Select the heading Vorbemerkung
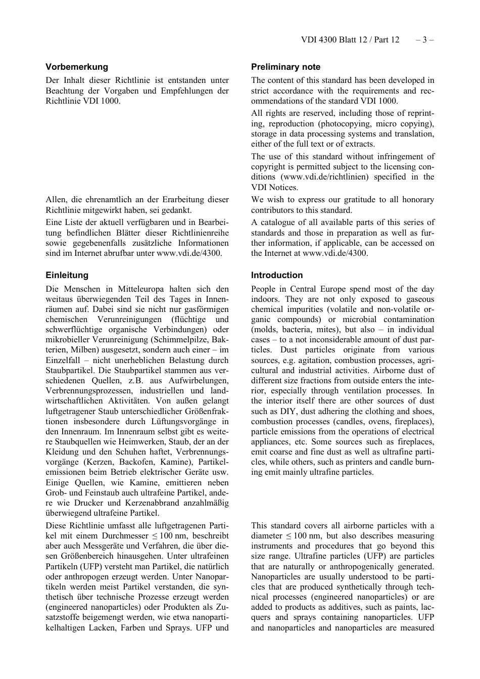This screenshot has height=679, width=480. (x=77, y=67)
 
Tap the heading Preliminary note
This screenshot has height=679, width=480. (x=285, y=67)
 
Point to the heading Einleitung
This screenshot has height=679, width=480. (x=67, y=275)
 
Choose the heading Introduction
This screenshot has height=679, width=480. (x=277, y=275)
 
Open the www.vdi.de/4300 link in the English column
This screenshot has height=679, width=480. (x=334, y=253)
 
